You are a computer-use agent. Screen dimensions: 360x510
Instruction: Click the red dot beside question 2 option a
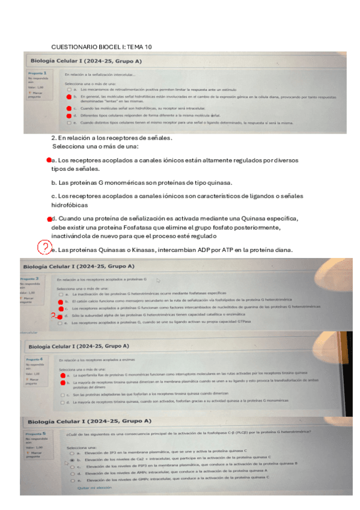[x=49, y=161]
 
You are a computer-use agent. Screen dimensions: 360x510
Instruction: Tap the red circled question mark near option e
[x=45, y=247]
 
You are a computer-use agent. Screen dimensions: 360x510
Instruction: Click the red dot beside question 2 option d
[x=49, y=219]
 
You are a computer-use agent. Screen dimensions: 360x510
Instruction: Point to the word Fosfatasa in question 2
[x=153, y=228]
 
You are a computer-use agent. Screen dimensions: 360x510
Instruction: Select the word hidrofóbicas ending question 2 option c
[x=70, y=205]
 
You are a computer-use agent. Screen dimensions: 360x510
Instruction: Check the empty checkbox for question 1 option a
[x=69, y=88]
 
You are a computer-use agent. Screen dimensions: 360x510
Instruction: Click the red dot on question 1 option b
[x=69, y=96]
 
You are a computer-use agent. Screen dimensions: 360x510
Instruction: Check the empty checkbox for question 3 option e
[x=60, y=323]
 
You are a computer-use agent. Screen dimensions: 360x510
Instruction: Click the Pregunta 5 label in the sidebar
[x=37, y=432]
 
